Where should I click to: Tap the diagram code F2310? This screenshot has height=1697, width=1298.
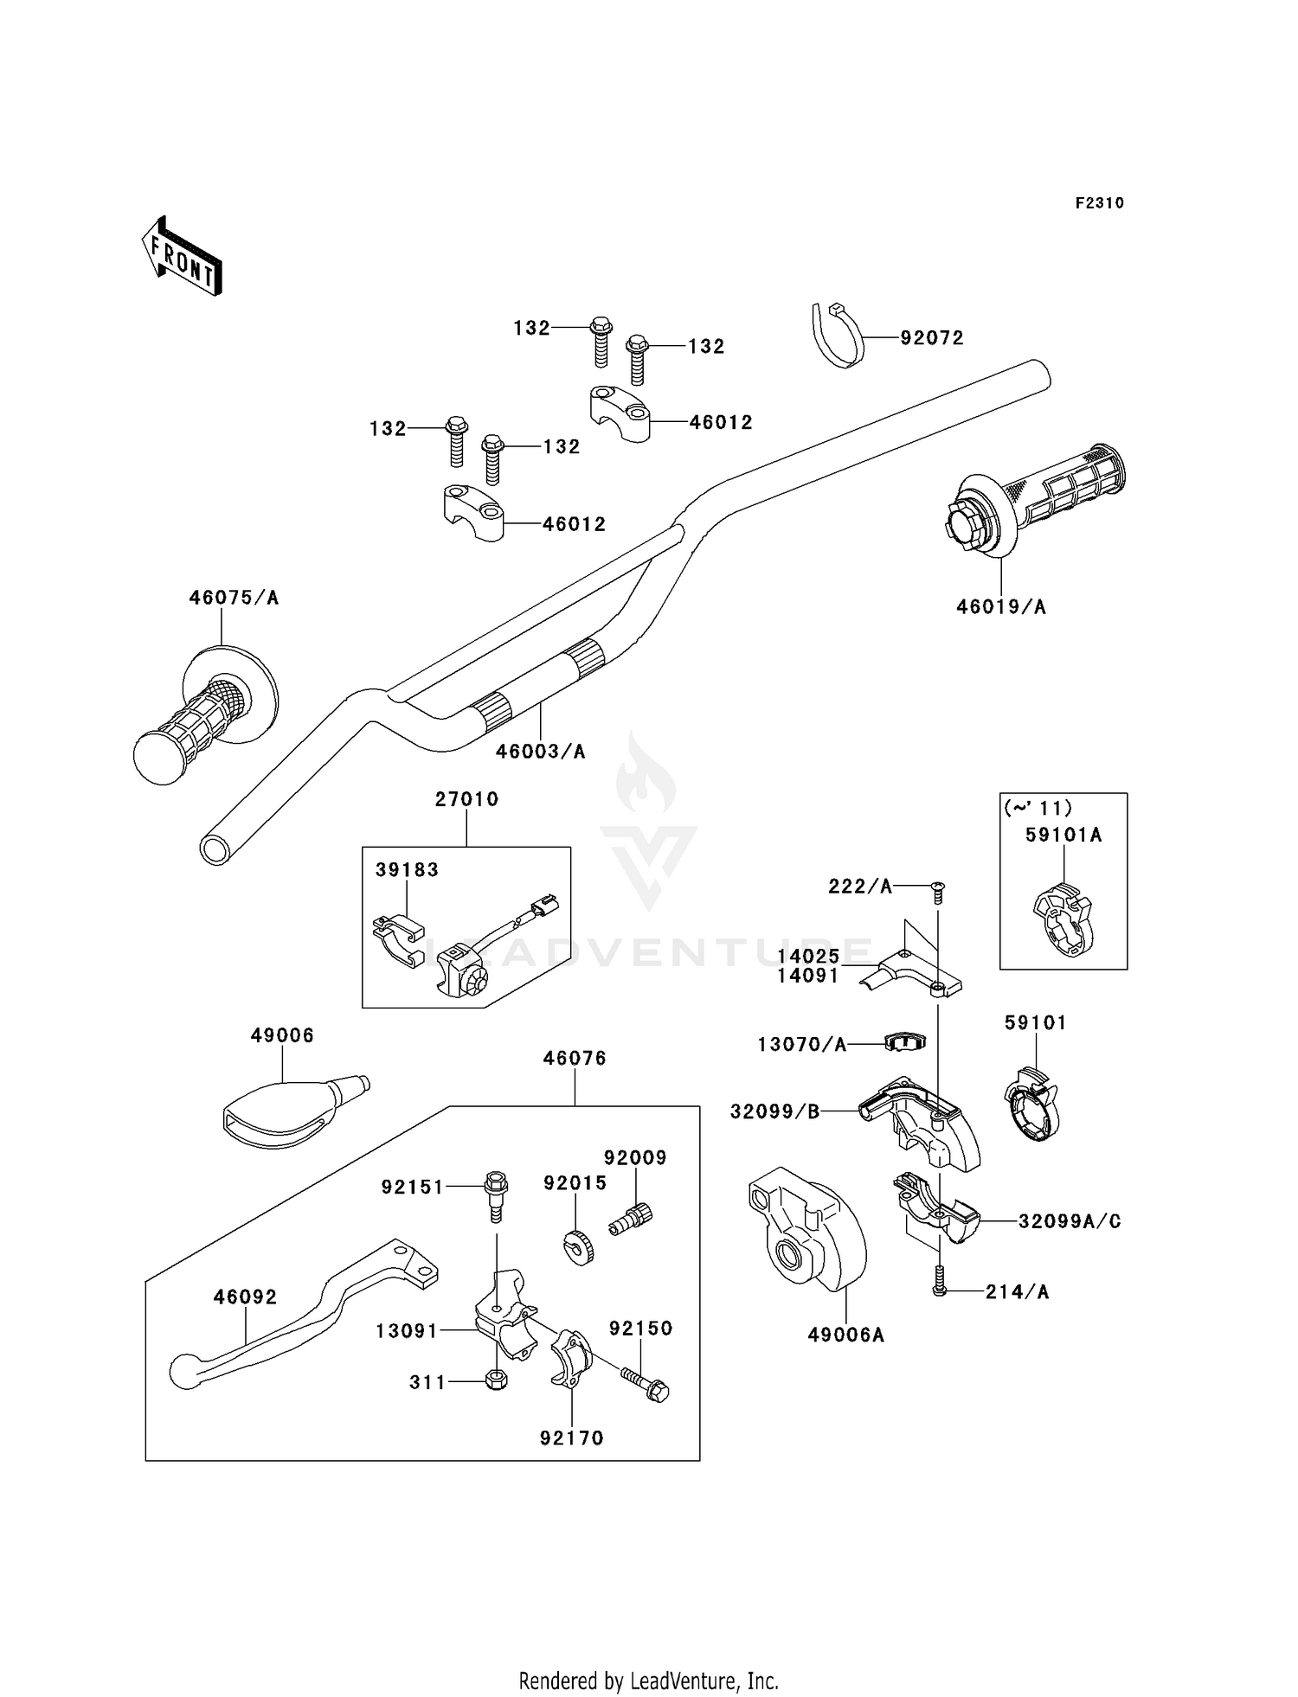(1099, 203)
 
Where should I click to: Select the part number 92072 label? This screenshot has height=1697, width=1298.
(931, 338)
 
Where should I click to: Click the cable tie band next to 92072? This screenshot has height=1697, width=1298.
(839, 335)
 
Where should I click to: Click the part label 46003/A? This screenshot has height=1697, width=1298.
(540, 752)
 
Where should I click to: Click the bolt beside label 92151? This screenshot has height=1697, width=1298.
(496, 1195)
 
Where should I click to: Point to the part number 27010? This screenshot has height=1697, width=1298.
(466, 799)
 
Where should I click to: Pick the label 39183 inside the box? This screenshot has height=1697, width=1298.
(407, 870)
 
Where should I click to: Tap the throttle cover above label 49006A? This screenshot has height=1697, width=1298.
(807, 1227)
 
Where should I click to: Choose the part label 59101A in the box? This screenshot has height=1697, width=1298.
(1063, 836)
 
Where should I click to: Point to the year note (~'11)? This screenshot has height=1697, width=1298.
(1038, 808)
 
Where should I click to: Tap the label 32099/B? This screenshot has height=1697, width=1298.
(774, 1112)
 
